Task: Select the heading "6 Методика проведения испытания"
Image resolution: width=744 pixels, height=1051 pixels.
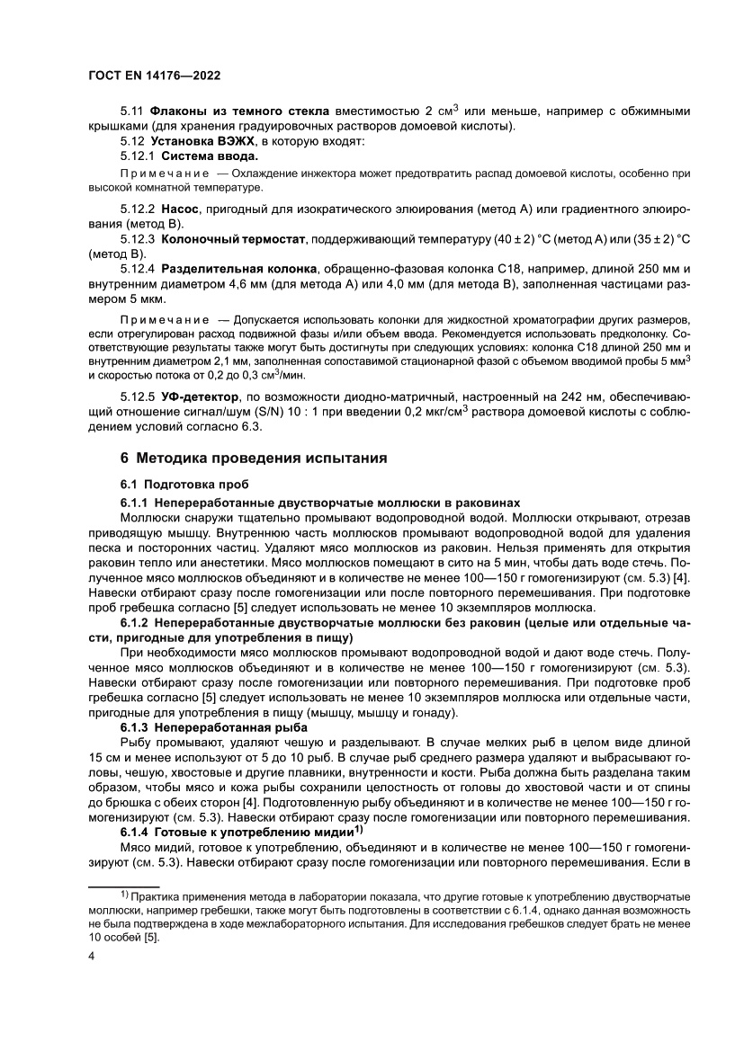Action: tap(255, 459)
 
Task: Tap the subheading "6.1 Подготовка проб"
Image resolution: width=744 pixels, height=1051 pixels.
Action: tap(184, 483)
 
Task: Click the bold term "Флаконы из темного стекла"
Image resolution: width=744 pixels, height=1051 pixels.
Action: tap(239, 111)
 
